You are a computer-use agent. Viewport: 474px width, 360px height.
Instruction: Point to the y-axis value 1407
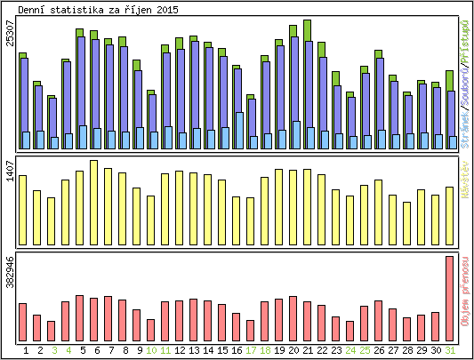click(x=10, y=172)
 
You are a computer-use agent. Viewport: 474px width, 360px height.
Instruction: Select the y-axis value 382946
click(x=10, y=272)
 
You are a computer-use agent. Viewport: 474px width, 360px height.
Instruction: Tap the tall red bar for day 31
click(x=450, y=298)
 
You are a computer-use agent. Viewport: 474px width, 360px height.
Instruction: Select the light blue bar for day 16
click(x=239, y=130)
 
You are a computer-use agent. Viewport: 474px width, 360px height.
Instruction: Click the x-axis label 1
click(x=26, y=351)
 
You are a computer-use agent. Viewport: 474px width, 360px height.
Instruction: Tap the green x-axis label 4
click(x=68, y=351)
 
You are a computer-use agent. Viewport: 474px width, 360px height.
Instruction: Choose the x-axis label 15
click(x=222, y=351)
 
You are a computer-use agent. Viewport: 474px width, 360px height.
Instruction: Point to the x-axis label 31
click(x=450, y=351)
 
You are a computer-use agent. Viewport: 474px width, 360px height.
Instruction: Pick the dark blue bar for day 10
click(x=151, y=114)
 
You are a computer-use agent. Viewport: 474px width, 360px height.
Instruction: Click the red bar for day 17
click(x=250, y=330)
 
